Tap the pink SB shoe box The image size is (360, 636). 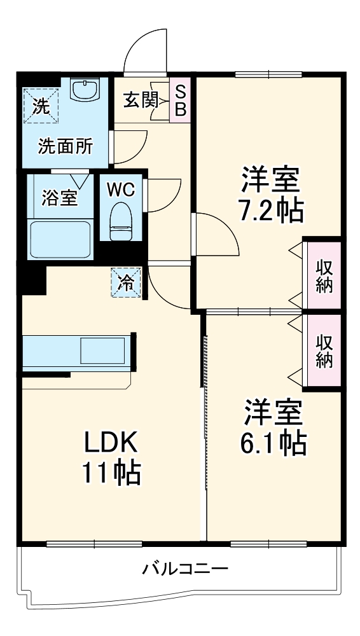(x=181, y=100)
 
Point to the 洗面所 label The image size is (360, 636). (x=66, y=147)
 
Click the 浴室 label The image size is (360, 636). (x=60, y=198)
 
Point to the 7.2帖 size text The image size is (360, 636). (x=270, y=210)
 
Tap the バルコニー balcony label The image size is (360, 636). (x=185, y=568)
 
